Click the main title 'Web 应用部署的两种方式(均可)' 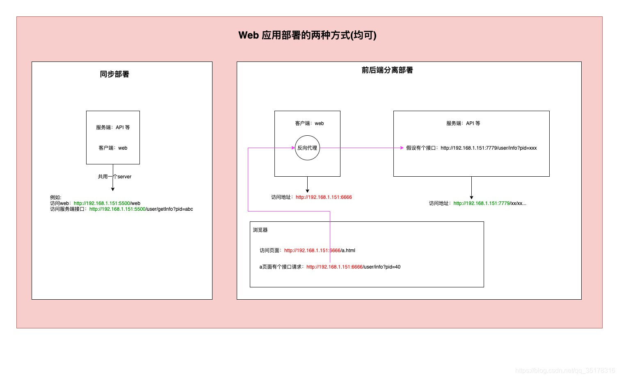click(307, 35)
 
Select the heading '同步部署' click(114, 74)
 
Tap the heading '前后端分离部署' click(387, 70)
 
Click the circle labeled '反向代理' click(307, 148)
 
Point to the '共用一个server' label click(114, 177)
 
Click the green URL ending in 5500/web click(107, 203)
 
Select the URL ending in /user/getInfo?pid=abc click(141, 209)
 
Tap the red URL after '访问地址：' click(324, 197)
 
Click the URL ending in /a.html click(320, 250)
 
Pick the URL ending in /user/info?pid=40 click(353, 267)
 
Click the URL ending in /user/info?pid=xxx click(489, 148)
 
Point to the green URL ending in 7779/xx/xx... click(489, 203)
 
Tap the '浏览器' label click(260, 230)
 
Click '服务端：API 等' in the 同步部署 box click(113, 128)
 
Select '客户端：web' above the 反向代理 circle click(309, 123)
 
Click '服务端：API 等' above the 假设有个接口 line click(463, 123)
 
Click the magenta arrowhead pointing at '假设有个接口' click(402, 148)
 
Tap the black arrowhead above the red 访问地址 click(307, 191)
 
